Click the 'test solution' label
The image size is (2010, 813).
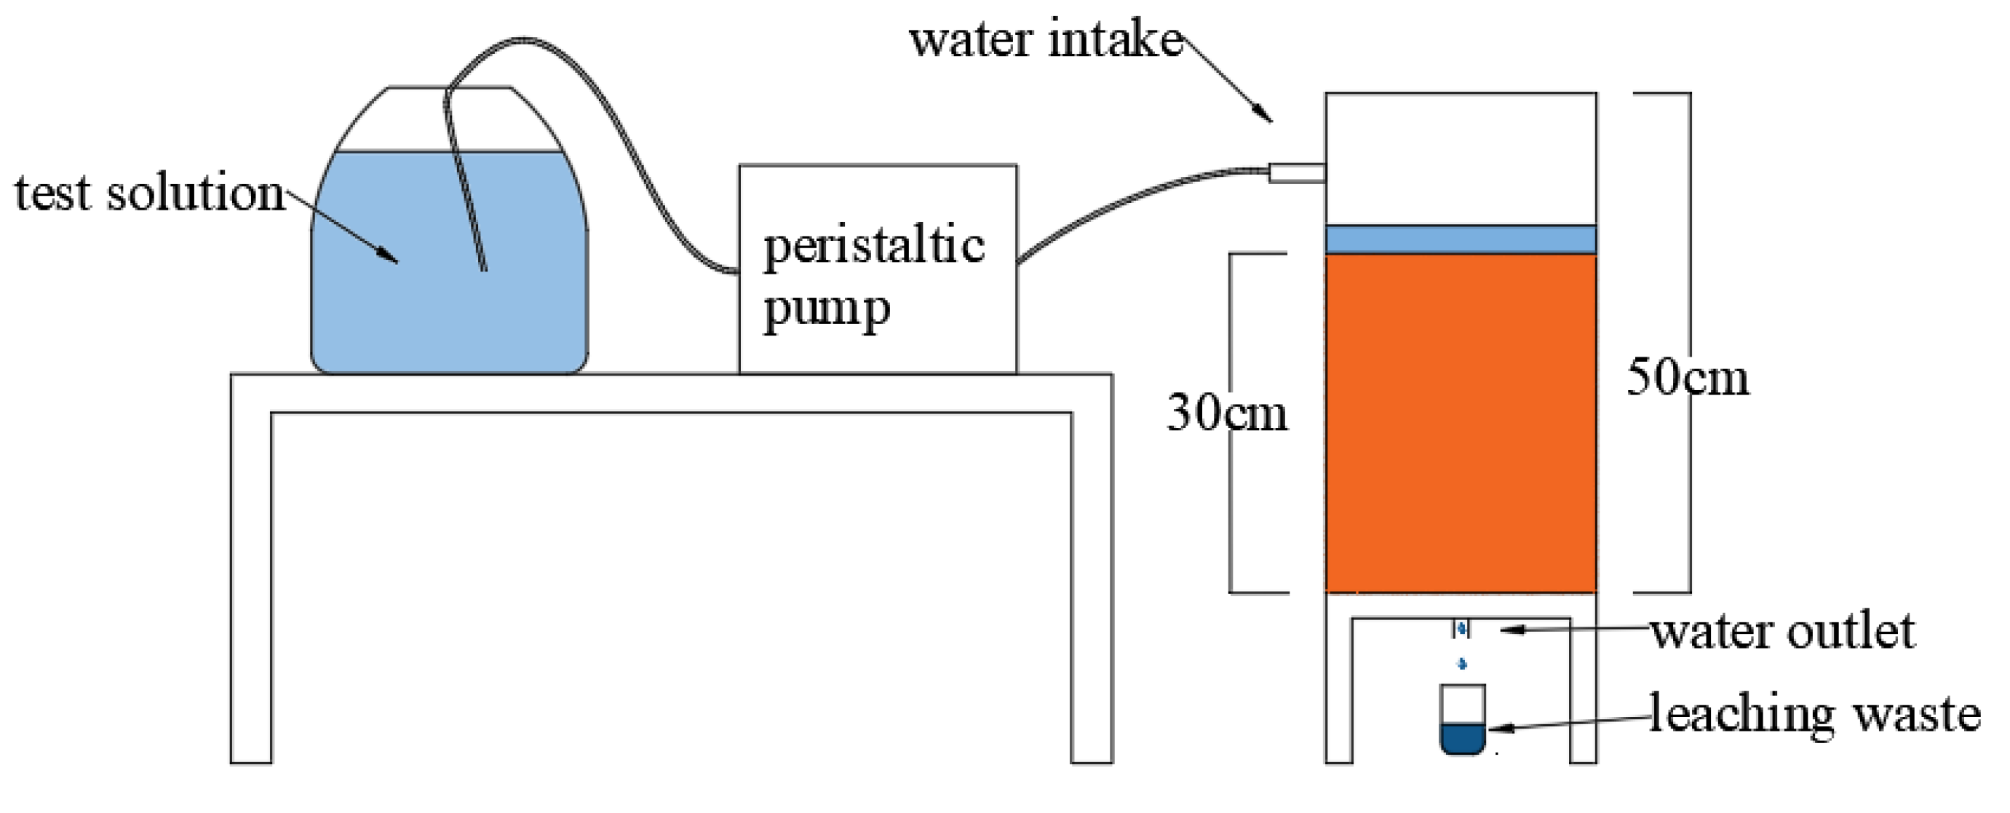click(150, 193)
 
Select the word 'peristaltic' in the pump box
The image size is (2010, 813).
click(874, 246)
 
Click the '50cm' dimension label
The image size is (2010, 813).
click(1687, 378)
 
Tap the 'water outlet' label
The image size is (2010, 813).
click(1783, 631)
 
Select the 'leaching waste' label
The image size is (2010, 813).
click(1814, 714)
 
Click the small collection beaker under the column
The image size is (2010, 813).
click(1461, 718)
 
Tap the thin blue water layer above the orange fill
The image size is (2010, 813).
click(1461, 239)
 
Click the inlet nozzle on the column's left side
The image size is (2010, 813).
click(1296, 172)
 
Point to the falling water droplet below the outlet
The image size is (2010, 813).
click(1462, 664)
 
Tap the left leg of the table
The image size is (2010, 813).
click(251, 585)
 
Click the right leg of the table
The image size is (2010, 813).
click(1091, 585)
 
